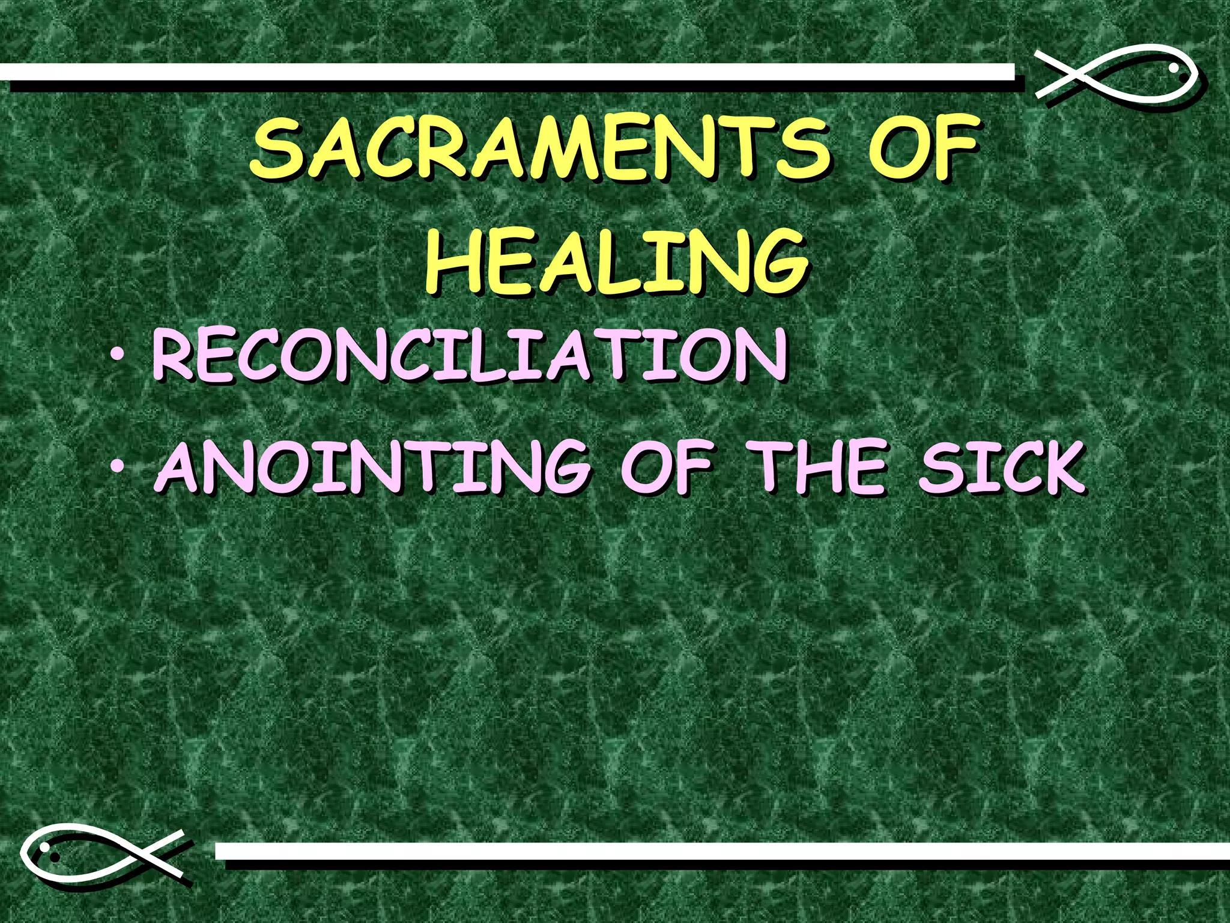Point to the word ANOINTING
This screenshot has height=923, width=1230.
tap(372, 466)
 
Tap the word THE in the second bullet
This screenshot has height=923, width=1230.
tap(819, 466)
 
